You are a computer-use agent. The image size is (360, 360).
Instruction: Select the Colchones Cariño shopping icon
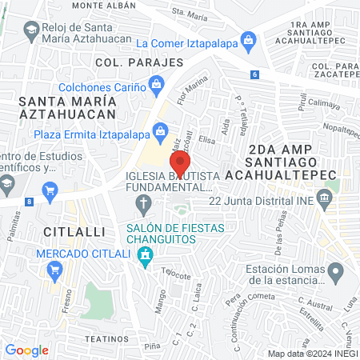click(x=156, y=82)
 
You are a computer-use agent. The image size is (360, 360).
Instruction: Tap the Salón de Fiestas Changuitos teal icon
click(x=145, y=256)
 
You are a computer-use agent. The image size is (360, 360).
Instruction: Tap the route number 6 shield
click(x=254, y=74)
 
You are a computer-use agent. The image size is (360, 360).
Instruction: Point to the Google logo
click(x=26, y=350)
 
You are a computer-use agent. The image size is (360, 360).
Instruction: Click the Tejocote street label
click(x=174, y=272)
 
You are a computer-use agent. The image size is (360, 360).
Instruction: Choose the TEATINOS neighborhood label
click(x=101, y=338)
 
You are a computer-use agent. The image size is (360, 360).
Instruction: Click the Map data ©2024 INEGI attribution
click(x=311, y=354)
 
